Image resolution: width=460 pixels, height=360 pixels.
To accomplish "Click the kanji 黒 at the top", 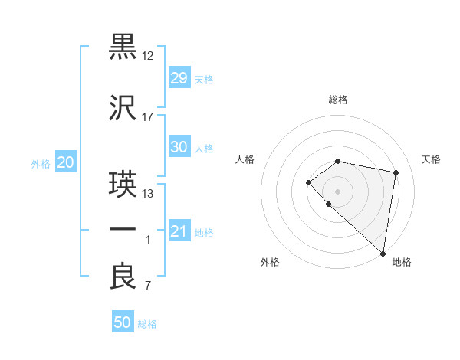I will pyautogui.click(x=123, y=47).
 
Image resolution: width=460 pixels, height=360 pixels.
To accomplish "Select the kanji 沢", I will pyautogui.click(x=123, y=109).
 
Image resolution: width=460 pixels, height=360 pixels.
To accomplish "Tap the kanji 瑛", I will pyautogui.click(x=123, y=185).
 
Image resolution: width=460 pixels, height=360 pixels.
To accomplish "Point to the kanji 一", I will pyautogui.click(x=123, y=229).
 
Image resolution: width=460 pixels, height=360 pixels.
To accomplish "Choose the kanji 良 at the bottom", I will pyautogui.click(x=123, y=277).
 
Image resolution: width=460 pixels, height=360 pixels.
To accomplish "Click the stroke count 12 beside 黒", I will pyautogui.click(x=149, y=56).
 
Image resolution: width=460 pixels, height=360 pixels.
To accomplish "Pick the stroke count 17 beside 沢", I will pyautogui.click(x=149, y=117).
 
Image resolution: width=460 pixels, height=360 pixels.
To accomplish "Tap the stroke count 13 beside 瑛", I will pyautogui.click(x=149, y=193).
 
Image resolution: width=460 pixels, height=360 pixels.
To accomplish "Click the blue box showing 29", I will pyautogui.click(x=179, y=78).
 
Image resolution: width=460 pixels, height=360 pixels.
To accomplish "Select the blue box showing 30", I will pyautogui.click(x=179, y=147).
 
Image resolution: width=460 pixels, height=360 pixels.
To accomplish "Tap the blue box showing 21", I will pyautogui.click(x=179, y=231).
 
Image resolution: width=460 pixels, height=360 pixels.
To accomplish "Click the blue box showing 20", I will pyautogui.click(x=65, y=162).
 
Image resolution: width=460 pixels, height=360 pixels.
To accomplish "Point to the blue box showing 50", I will pyautogui.click(x=123, y=322).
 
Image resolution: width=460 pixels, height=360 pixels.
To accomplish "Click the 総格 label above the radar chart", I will pyautogui.click(x=338, y=100).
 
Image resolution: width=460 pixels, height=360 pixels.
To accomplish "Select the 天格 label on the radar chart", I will pyautogui.click(x=431, y=159).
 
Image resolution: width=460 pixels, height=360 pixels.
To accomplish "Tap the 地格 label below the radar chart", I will pyautogui.click(x=402, y=262).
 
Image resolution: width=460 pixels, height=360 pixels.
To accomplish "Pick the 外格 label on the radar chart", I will pyautogui.click(x=270, y=262).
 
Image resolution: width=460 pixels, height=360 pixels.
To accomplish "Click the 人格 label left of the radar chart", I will pyautogui.click(x=245, y=159).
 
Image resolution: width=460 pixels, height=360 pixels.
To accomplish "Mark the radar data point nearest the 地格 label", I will pyautogui.click(x=383, y=253).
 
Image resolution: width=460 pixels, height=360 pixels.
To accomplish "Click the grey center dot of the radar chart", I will pyautogui.click(x=338, y=191).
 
